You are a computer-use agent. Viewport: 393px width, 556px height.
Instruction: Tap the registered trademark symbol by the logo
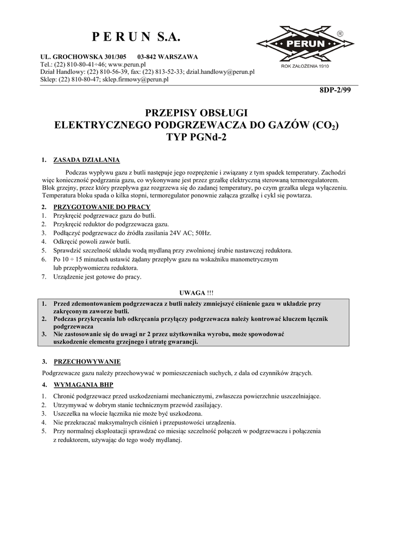tap(340, 34)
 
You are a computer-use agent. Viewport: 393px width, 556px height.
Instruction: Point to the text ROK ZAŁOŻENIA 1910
tap(305, 66)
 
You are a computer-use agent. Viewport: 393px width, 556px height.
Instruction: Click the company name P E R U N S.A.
tap(135, 37)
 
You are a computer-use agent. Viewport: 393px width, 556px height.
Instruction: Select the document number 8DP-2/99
tap(335, 90)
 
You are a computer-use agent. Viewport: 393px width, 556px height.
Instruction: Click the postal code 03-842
tap(148, 56)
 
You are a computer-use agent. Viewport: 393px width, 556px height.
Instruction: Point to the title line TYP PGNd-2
tap(196, 137)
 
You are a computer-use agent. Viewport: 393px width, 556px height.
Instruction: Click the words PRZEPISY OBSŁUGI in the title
tap(196, 113)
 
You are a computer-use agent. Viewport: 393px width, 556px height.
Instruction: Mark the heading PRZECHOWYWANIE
tap(87, 361)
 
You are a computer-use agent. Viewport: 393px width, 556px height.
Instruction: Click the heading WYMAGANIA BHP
tap(83, 385)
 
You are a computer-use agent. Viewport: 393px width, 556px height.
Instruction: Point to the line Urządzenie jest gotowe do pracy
tap(97, 277)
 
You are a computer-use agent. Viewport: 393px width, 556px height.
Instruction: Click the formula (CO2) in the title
tap(326, 125)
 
